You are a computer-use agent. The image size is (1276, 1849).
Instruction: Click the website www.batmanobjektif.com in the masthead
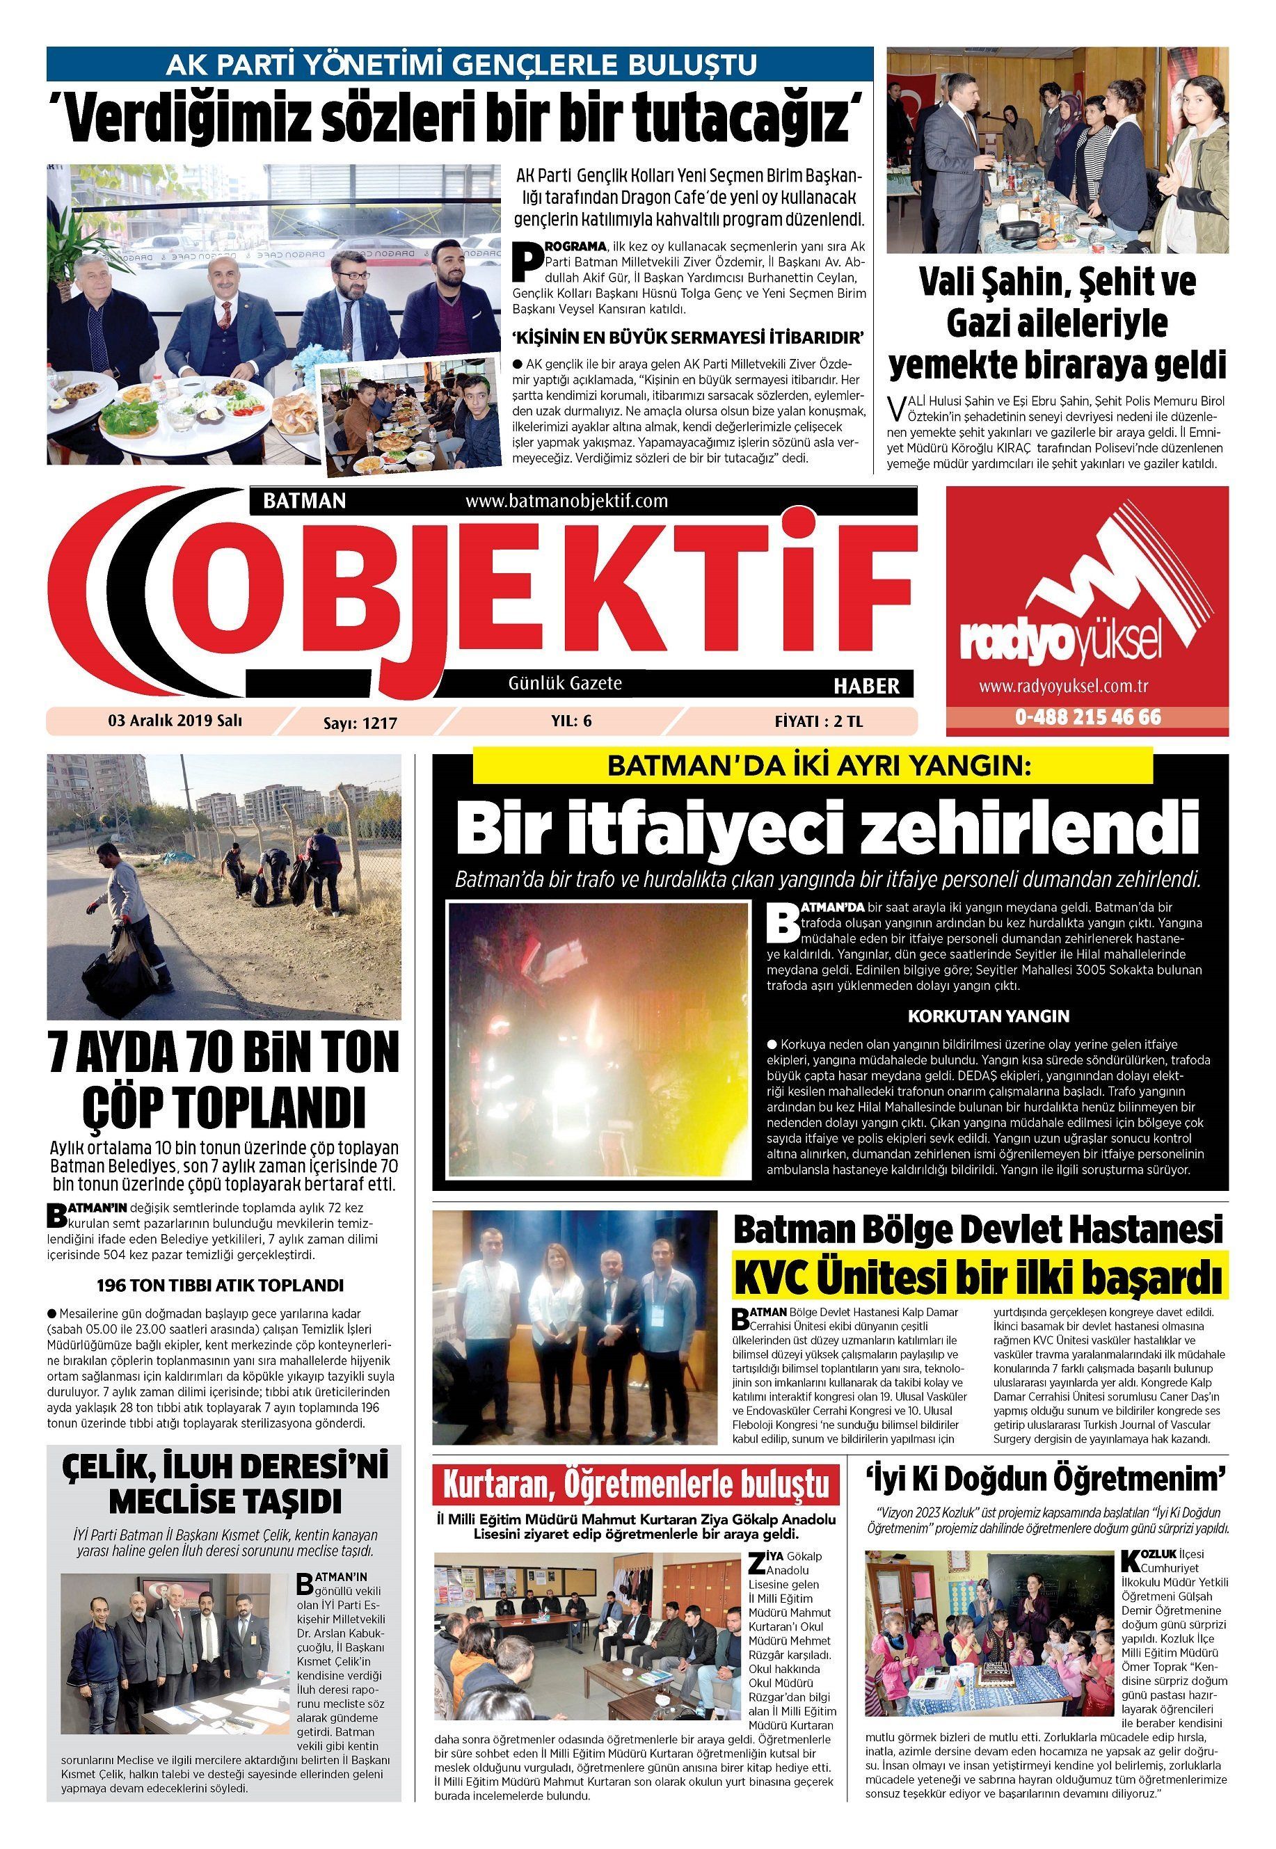coord(566,502)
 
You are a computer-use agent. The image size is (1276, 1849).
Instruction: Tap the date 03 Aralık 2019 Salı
coord(175,719)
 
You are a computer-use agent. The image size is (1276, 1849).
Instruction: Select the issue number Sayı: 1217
coord(360,723)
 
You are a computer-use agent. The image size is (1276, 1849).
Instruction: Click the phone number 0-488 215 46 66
coord(1087,717)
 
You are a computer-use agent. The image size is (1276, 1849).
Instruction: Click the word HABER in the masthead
coord(867,685)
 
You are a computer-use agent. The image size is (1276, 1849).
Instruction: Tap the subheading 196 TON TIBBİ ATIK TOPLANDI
coord(220,1286)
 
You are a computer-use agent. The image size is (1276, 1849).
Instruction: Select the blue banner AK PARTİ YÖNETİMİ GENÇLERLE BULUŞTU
coord(460,63)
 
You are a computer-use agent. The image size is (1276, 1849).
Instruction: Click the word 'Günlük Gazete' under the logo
coord(565,684)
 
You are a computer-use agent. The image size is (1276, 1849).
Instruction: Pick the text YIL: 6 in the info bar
coord(572,721)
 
